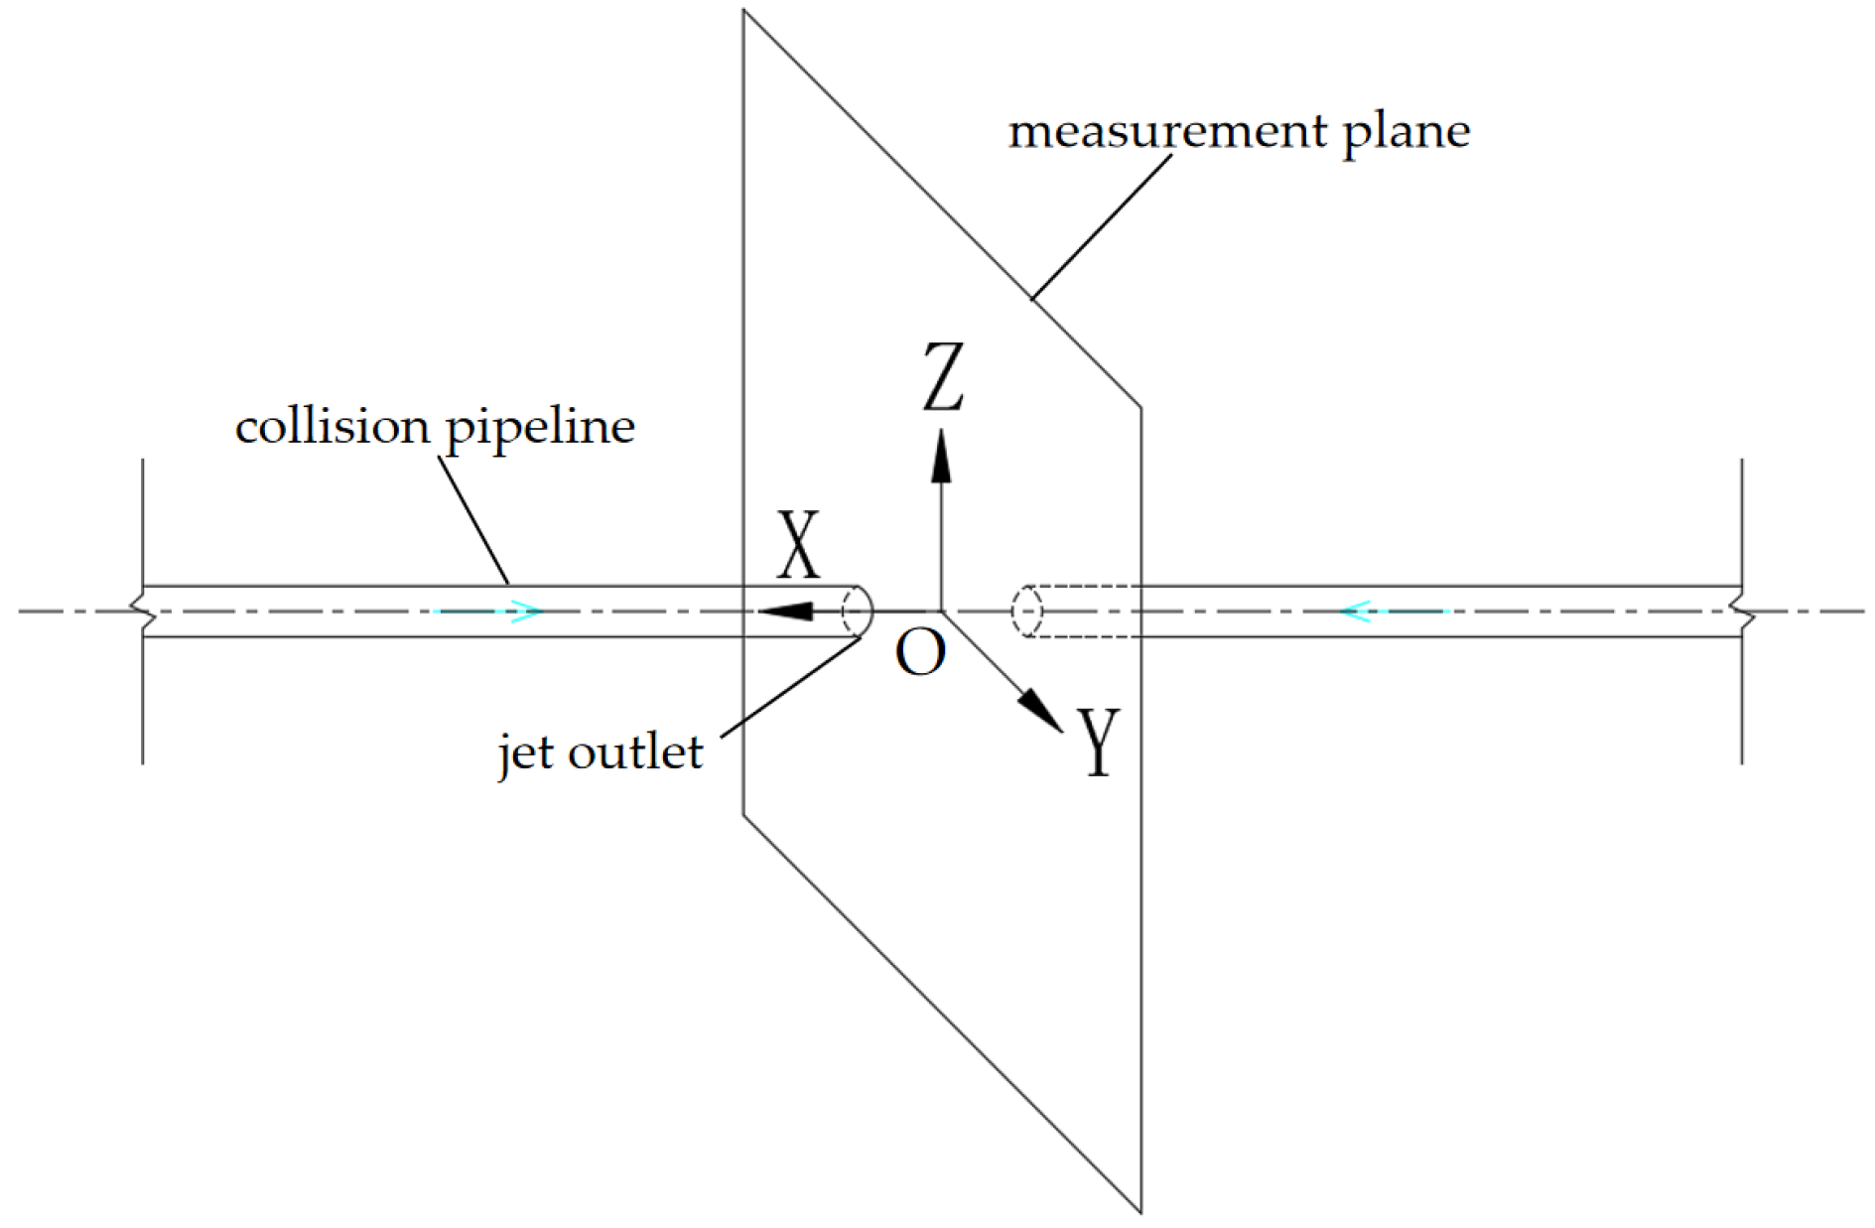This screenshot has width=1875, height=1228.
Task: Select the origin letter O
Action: [x=920, y=653]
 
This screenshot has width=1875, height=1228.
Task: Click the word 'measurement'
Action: [x=1167, y=132]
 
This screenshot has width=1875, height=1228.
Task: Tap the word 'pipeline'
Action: [x=540, y=429]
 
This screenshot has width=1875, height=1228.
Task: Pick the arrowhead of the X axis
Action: [x=786, y=611]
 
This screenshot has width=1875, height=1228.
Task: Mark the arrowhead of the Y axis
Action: [x=1040, y=710]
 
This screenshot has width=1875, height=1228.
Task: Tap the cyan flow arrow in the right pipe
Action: [x=1392, y=611]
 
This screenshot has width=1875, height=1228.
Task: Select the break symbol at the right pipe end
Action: [x=1743, y=611]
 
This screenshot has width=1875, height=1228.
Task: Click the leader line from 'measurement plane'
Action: [x=1100, y=226]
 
